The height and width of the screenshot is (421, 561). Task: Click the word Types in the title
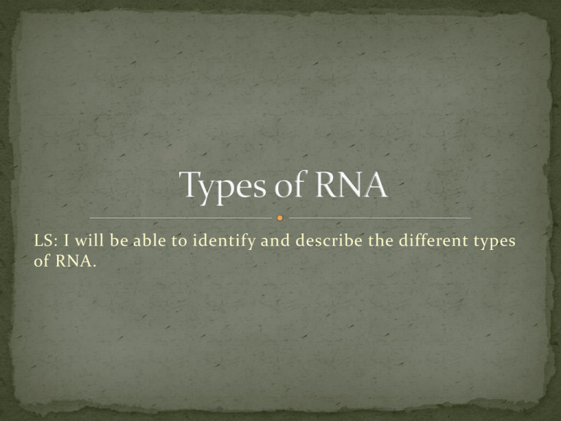click(x=223, y=187)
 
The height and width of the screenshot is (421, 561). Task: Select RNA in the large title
click(x=351, y=185)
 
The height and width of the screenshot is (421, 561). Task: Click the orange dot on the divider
click(x=280, y=218)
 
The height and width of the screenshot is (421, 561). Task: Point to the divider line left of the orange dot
click(x=180, y=218)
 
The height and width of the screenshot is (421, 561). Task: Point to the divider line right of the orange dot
click(x=380, y=218)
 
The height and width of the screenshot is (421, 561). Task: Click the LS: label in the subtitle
click(x=46, y=240)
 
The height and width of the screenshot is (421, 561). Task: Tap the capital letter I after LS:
click(x=66, y=240)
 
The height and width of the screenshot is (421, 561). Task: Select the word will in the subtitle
click(x=89, y=240)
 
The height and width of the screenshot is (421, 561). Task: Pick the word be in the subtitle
click(x=119, y=240)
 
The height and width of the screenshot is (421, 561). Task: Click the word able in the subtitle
click(x=150, y=240)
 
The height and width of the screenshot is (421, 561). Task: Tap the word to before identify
click(x=179, y=241)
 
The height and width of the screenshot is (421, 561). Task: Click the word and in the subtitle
click(x=275, y=240)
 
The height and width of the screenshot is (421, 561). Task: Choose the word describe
click(x=329, y=240)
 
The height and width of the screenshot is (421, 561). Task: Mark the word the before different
click(x=381, y=240)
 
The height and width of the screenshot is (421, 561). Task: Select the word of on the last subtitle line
click(x=42, y=260)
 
